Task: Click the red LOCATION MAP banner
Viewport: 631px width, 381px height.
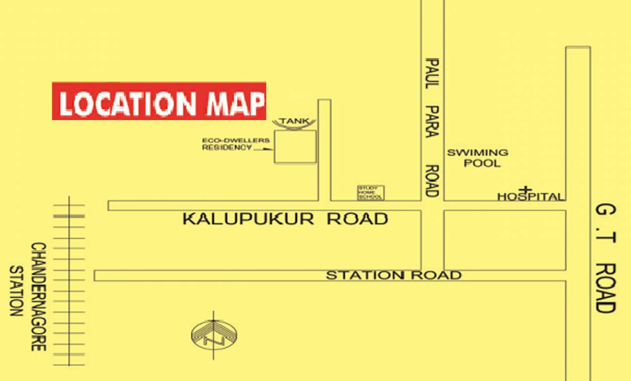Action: tap(159, 101)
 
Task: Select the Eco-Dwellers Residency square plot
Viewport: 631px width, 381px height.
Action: tap(295, 146)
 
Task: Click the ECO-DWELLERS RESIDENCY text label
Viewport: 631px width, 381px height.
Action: tap(236, 144)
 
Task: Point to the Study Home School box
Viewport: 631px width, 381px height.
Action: tap(371, 193)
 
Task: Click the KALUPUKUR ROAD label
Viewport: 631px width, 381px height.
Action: tap(285, 219)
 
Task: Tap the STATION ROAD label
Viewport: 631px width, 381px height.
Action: tap(394, 275)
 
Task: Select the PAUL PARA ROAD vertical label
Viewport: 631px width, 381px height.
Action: tap(432, 127)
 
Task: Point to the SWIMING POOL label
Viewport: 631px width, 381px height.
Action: tap(477, 157)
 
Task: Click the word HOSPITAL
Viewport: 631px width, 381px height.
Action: tap(531, 197)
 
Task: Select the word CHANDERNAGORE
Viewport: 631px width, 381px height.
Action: tap(38, 297)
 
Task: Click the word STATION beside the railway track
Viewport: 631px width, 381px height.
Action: tap(16, 291)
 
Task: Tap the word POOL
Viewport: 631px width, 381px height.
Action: tap(482, 163)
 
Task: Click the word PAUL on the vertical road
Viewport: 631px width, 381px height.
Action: tap(432, 73)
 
